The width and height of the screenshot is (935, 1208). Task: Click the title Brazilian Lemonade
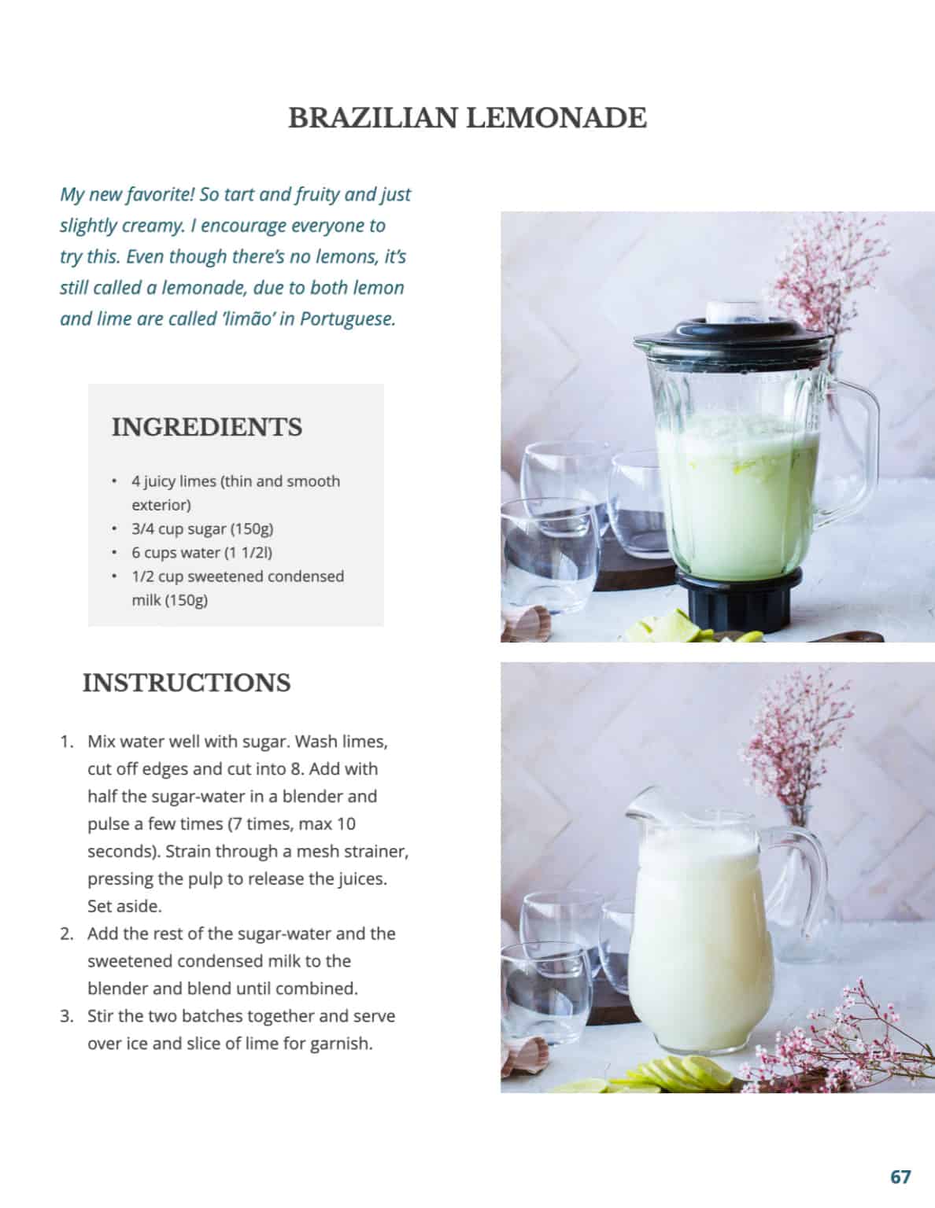point(467,118)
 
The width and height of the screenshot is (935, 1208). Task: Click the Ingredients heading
point(207,427)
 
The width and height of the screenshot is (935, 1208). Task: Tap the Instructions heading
point(187,683)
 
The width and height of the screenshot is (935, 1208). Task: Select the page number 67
point(900,1177)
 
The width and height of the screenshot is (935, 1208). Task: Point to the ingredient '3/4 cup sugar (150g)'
point(202,528)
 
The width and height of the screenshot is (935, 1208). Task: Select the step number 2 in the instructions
point(67,934)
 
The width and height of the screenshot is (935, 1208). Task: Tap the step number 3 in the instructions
point(67,1016)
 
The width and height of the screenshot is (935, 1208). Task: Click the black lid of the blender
point(732,333)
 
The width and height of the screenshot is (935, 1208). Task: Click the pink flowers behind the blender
point(811,275)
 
